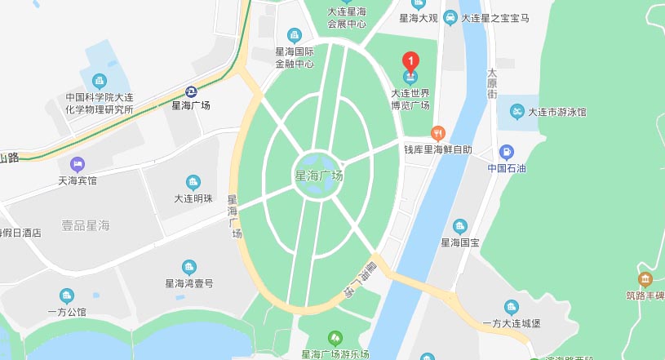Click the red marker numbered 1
click(412, 60)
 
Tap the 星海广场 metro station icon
click(190, 91)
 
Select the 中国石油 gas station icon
click(506, 152)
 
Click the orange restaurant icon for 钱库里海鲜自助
click(437, 133)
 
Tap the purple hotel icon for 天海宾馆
click(78, 164)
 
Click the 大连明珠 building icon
click(193, 182)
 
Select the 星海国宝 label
click(460, 242)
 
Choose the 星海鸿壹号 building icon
click(189, 267)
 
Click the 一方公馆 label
click(66, 312)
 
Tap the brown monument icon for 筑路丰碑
click(645, 279)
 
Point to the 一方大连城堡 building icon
click(512, 307)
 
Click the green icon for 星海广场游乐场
click(335, 338)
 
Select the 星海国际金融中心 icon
click(295, 35)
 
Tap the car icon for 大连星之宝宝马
click(450, 17)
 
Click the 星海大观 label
click(419, 17)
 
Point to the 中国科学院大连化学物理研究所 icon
click(100, 81)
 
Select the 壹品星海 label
click(86, 224)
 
